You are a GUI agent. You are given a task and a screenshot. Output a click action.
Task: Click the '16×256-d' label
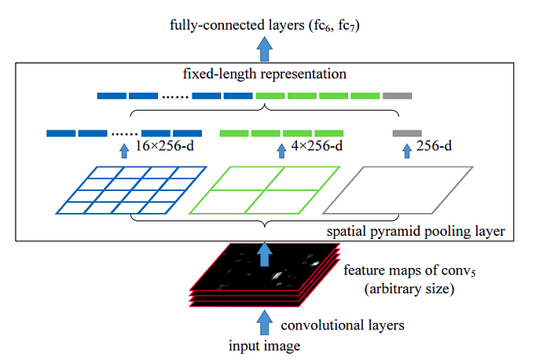166,147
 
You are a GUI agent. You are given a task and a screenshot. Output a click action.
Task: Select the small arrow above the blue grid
123,150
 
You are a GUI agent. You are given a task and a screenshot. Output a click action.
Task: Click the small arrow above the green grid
281,150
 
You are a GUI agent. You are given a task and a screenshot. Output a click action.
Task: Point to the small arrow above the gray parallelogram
406,150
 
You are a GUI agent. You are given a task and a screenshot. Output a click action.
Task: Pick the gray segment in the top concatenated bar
397,96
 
